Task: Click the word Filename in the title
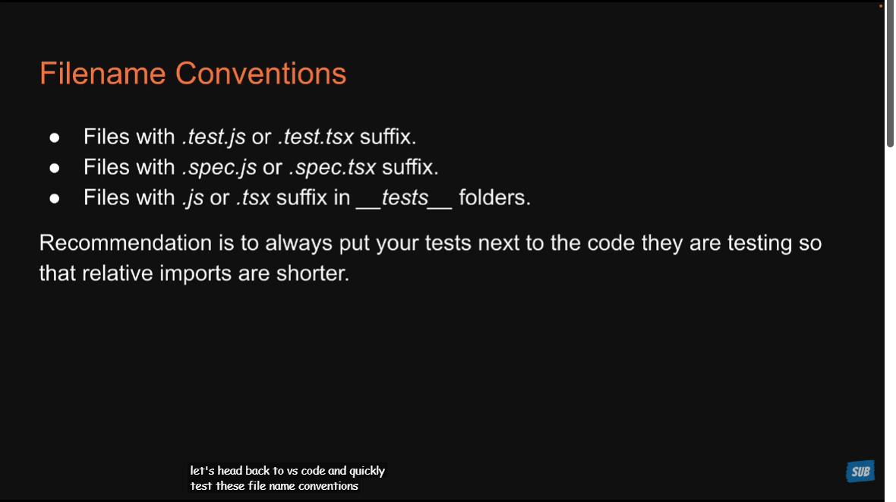[x=103, y=74]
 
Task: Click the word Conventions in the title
[x=260, y=74]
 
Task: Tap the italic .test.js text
[x=213, y=137]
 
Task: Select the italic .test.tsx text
[x=315, y=137]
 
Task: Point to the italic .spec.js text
[x=219, y=168]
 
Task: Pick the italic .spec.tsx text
[x=332, y=168]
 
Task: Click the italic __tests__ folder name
[x=404, y=198]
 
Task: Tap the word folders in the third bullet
[x=495, y=197]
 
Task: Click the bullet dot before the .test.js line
[x=54, y=137]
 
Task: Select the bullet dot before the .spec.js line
[x=54, y=168]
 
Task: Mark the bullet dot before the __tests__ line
[x=54, y=198]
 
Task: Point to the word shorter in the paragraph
[x=313, y=273]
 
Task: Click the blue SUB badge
[x=860, y=472]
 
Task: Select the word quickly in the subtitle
[x=367, y=471]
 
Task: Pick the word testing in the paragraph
[x=759, y=244]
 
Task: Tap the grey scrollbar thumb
[x=890, y=74]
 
